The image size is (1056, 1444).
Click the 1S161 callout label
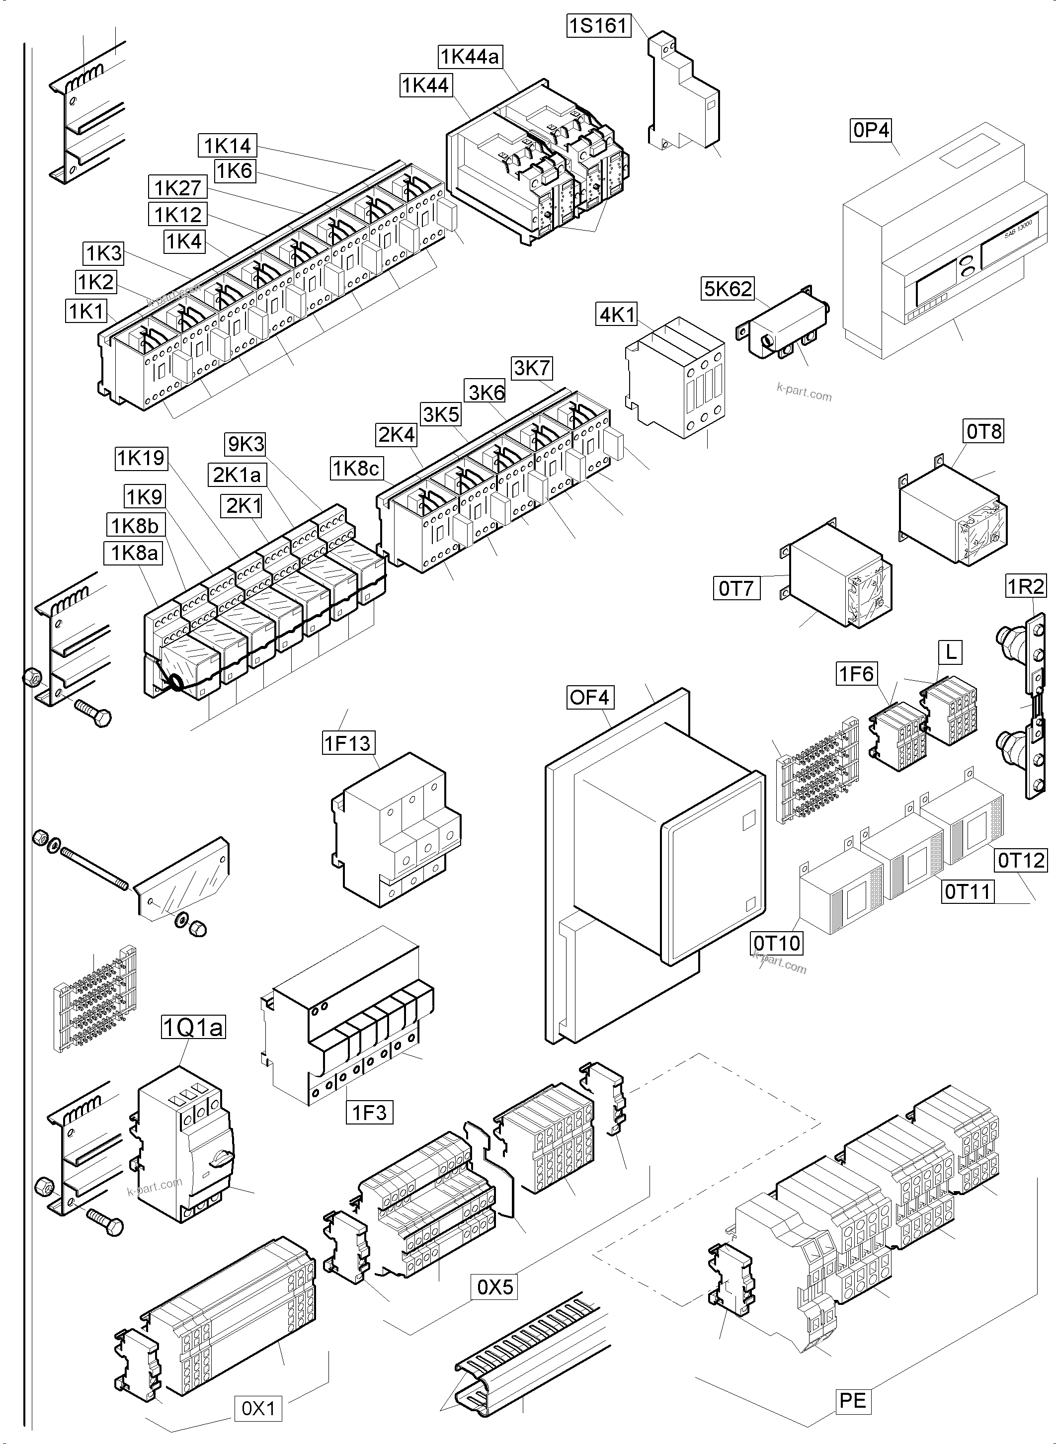coord(598,26)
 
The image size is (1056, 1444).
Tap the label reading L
coord(951,652)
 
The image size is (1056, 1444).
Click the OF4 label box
coord(589,697)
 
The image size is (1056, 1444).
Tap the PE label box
coord(853,1401)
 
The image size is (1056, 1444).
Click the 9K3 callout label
coord(245,444)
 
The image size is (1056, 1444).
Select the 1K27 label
coord(178,188)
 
